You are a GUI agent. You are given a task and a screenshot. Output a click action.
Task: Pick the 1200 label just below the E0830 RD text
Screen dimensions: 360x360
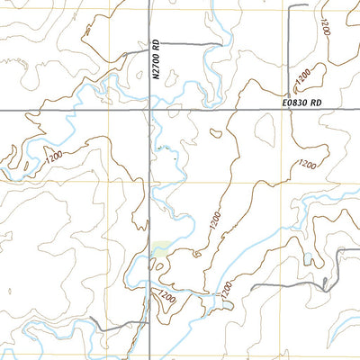click(308, 164)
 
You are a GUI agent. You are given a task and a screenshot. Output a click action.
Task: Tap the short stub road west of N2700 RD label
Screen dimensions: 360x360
click(134, 52)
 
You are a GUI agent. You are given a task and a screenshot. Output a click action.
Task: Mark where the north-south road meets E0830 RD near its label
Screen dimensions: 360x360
click(291, 109)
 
